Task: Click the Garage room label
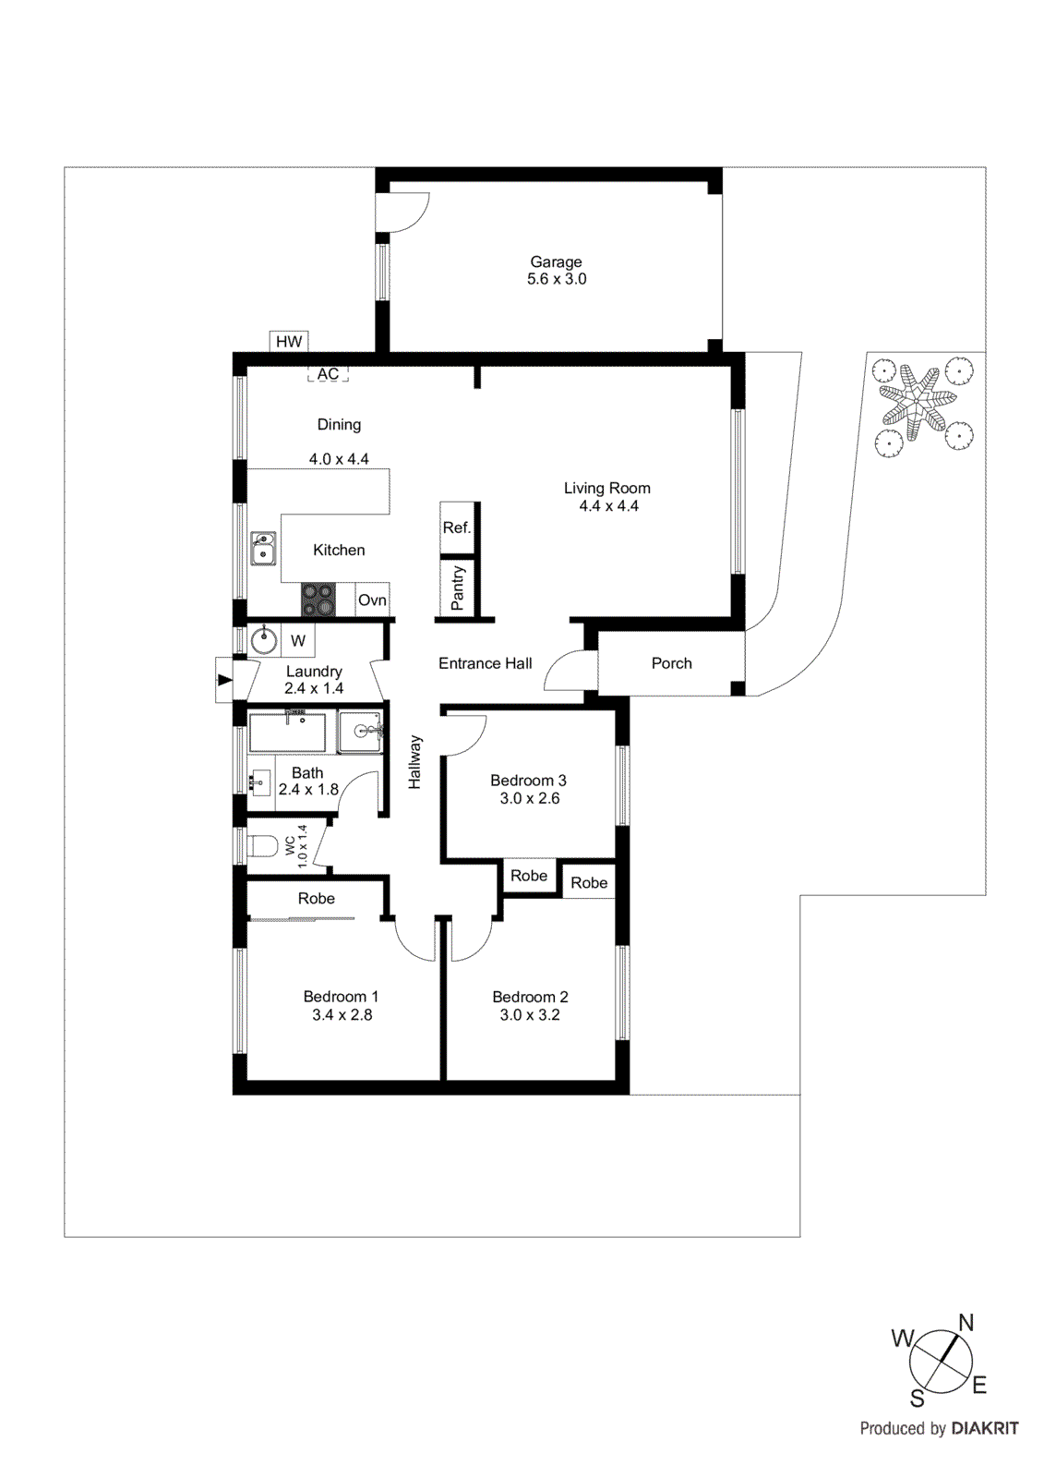(556, 261)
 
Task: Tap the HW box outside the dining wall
(289, 342)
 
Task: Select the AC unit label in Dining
(328, 374)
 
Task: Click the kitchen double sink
(263, 548)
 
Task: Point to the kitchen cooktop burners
(318, 600)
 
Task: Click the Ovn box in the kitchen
(372, 600)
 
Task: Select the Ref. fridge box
(457, 527)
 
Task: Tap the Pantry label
(458, 588)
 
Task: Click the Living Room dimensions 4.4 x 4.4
(608, 506)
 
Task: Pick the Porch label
(671, 663)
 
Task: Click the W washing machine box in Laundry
(298, 640)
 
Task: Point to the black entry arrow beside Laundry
(224, 680)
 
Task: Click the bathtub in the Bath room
(287, 733)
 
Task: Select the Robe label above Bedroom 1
(316, 898)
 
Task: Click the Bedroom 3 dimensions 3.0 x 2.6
(529, 798)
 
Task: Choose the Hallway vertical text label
(414, 762)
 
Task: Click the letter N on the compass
(966, 1323)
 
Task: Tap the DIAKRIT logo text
(985, 1428)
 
